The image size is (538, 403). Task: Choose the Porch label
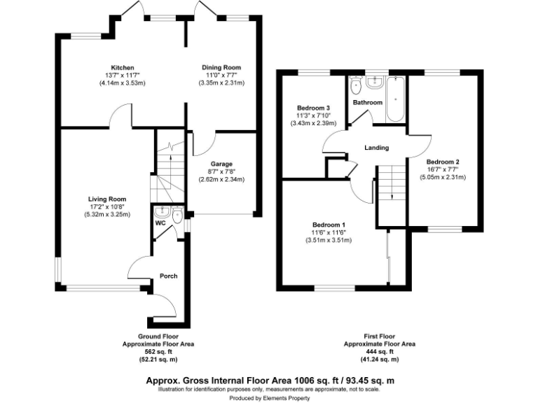point(169,276)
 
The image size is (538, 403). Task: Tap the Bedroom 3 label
point(314,108)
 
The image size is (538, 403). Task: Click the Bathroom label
point(368,103)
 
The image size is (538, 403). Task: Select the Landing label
point(376,148)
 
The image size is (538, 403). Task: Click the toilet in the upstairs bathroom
point(354,87)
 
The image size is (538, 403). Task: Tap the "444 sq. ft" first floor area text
point(380,352)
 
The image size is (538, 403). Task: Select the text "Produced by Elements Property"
point(269,397)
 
